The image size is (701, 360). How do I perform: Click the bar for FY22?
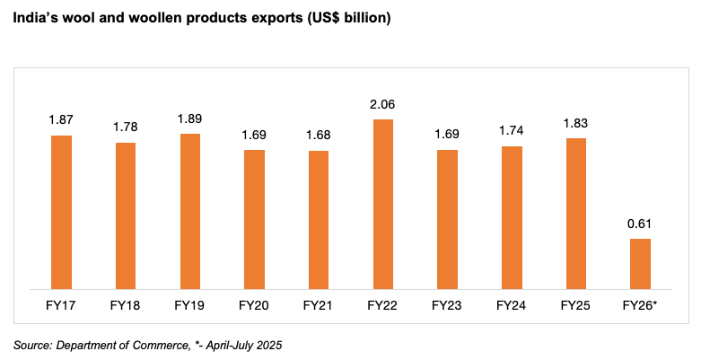(x=382, y=204)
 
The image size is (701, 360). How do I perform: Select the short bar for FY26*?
(x=640, y=264)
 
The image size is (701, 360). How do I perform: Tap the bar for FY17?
(x=61, y=212)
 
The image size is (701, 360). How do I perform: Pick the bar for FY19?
(x=190, y=211)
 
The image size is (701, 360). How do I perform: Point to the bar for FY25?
(x=575, y=214)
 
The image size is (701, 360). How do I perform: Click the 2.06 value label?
(x=382, y=104)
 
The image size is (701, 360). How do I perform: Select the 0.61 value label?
(x=640, y=224)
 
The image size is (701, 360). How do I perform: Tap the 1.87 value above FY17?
(x=61, y=120)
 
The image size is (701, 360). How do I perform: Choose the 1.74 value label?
(x=512, y=130)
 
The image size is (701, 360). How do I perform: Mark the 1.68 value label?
(x=319, y=136)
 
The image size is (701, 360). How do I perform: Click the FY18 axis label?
(x=126, y=306)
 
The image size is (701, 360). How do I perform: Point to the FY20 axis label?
(x=254, y=306)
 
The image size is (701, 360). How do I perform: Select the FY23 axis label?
(x=447, y=306)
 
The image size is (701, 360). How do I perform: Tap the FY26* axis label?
(x=640, y=306)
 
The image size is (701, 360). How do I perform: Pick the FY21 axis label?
(x=319, y=306)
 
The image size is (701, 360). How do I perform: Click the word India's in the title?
(x=33, y=18)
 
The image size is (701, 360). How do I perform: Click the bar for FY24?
(x=512, y=217)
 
